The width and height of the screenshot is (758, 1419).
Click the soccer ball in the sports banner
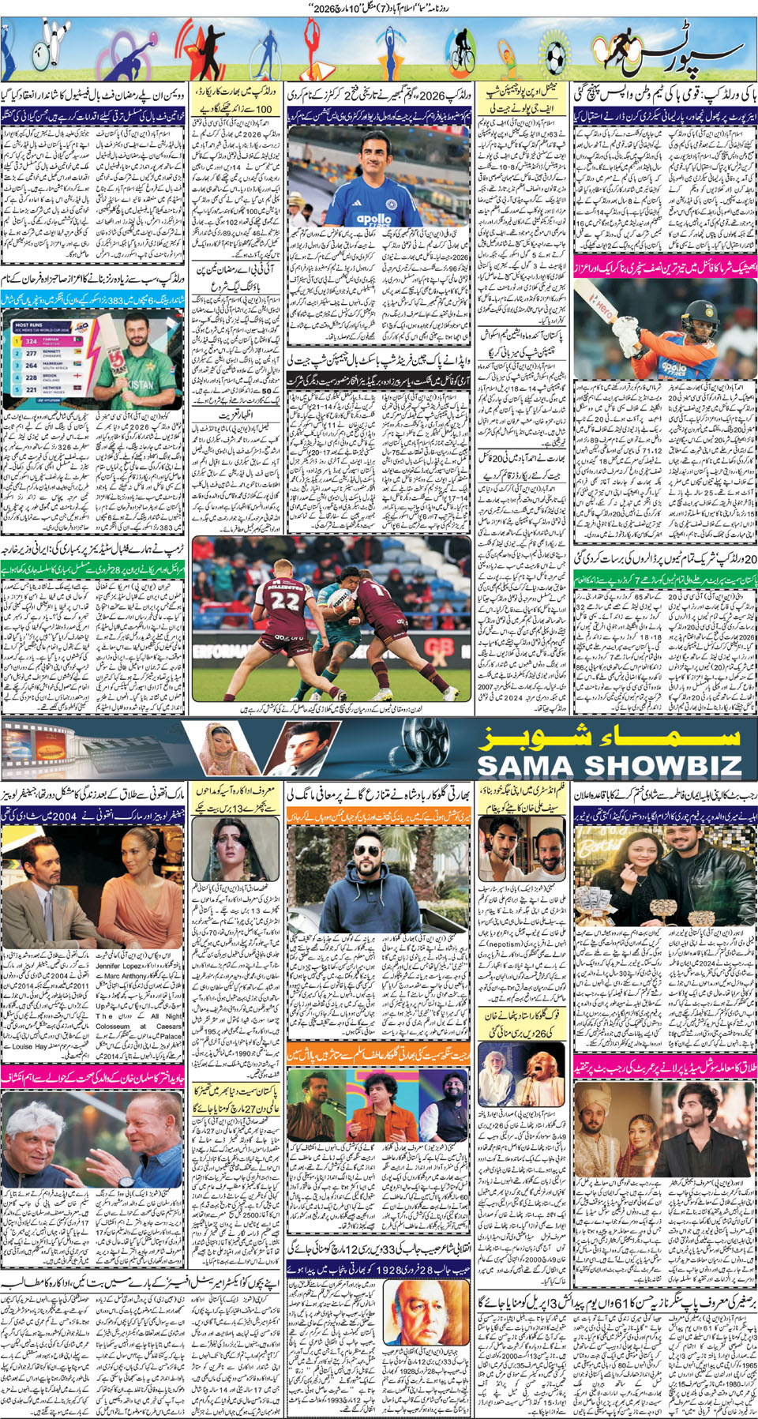[x=556, y=56]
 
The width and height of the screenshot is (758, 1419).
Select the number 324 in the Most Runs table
[x=31, y=341]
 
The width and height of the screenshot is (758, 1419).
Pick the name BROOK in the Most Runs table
[x=50, y=377]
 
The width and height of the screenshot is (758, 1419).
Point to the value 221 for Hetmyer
[x=31, y=390]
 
